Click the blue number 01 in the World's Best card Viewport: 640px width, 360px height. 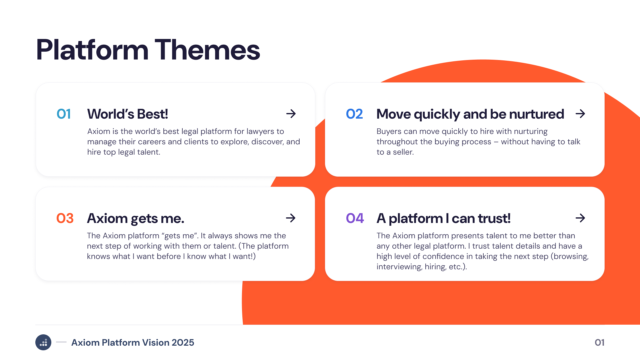(64, 114)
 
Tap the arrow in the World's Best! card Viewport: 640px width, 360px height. (291, 114)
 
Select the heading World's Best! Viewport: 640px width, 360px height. (128, 114)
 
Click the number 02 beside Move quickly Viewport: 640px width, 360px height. (354, 114)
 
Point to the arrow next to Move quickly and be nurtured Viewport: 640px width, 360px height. (580, 114)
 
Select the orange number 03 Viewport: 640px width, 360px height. (65, 218)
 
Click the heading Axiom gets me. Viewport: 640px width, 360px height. (136, 219)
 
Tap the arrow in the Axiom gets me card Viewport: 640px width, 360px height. (291, 218)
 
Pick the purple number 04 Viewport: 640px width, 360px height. (355, 218)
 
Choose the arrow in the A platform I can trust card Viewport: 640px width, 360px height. (580, 218)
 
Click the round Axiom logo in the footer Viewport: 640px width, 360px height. (43, 342)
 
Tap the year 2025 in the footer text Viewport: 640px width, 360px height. (183, 343)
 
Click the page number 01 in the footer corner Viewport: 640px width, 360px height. (599, 343)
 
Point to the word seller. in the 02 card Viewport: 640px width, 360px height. (403, 152)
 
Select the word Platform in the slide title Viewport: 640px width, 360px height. (92, 50)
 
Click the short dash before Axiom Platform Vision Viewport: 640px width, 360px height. (61, 342)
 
